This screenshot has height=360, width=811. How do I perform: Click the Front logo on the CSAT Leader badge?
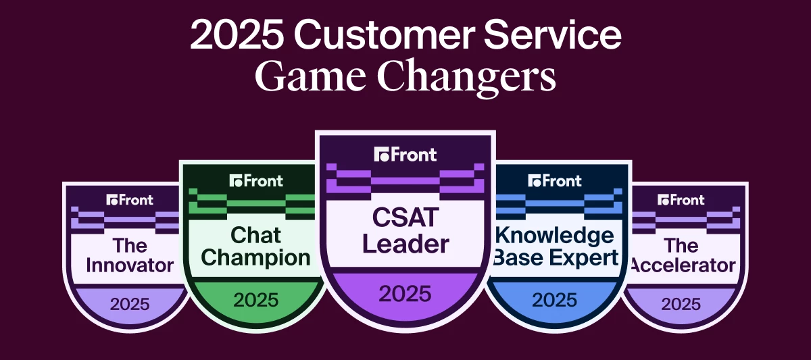[x=405, y=155]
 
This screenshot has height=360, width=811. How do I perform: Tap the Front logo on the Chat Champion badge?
[x=256, y=180]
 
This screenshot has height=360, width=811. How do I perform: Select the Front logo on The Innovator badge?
[x=130, y=200]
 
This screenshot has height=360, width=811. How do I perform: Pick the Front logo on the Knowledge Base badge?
[x=554, y=180]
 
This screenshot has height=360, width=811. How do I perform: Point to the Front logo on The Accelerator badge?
[x=681, y=200]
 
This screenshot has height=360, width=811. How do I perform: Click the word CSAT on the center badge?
[x=405, y=218]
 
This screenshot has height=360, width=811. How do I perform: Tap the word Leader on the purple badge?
[x=405, y=244]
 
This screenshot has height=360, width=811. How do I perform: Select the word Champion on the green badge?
[x=256, y=257]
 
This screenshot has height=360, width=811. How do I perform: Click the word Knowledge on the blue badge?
[x=555, y=235]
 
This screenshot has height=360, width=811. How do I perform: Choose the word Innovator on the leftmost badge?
[x=130, y=265]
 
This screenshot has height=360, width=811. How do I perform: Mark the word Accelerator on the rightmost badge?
[x=681, y=265]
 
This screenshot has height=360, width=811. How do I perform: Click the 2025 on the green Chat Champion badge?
[x=256, y=299]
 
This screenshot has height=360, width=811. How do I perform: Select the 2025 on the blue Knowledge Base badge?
[x=554, y=299]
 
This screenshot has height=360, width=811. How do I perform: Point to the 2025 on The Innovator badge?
[x=130, y=303]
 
